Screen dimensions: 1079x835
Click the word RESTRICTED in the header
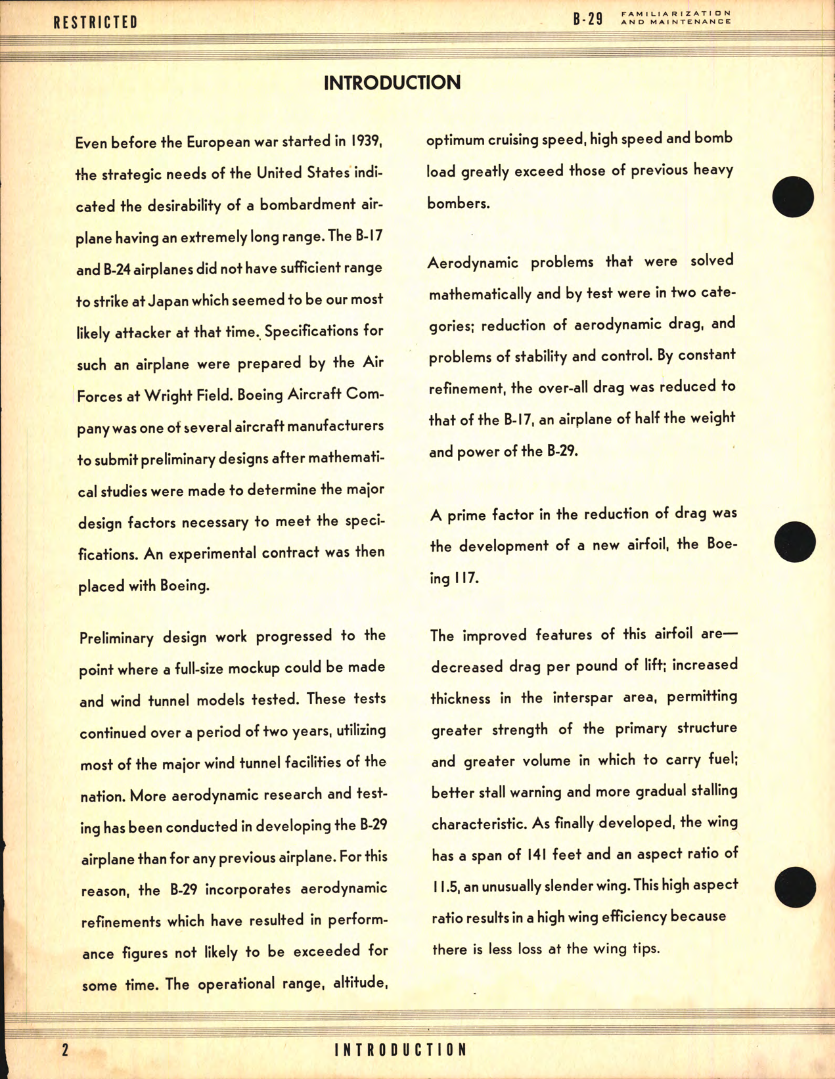[x=96, y=22]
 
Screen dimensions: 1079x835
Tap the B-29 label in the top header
[x=587, y=19]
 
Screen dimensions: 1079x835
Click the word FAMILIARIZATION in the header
[x=676, y=13]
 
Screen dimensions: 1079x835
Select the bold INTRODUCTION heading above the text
[x=392, y=83]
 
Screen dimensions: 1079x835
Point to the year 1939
[x=367, y=141]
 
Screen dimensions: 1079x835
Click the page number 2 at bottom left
[x=64, y=1049]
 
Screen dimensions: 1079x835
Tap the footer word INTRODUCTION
[x=401, y=1049]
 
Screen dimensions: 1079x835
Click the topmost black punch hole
[x=793, y=197]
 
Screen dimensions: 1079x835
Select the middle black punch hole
[x=794, y=542]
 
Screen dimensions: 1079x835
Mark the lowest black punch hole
[x=795, y=887]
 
